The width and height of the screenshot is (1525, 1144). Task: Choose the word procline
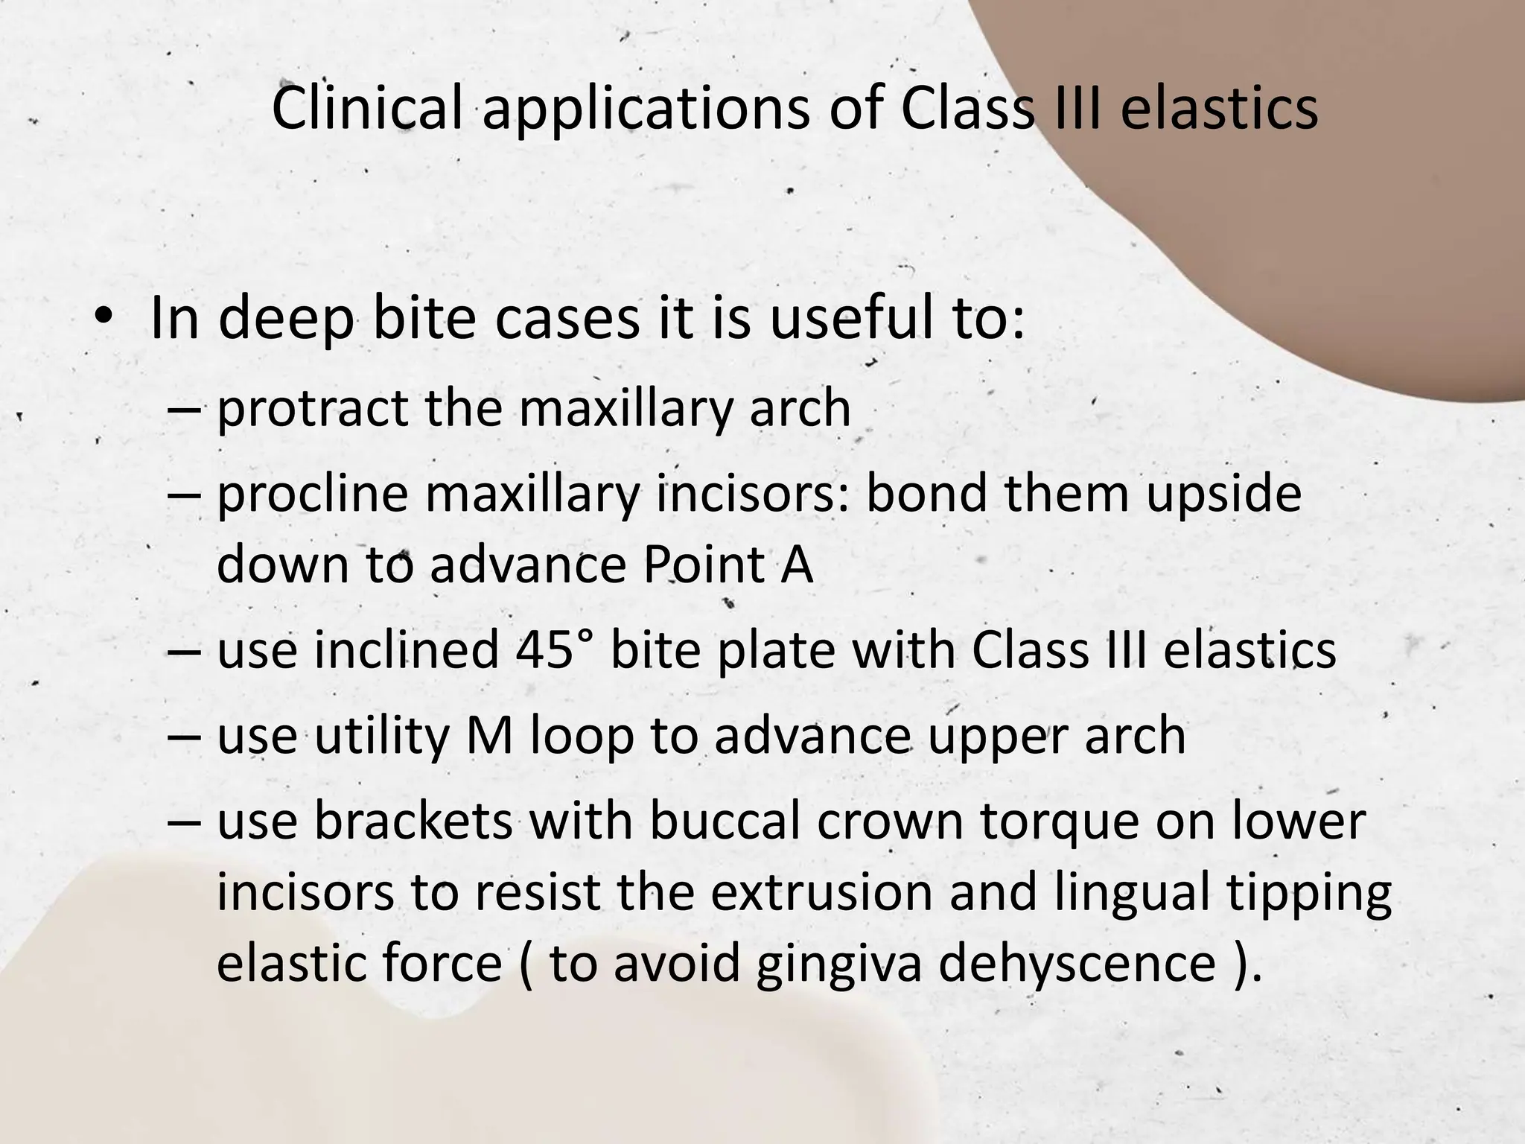click(313, 496)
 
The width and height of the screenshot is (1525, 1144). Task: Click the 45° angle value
click(555, 649)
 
